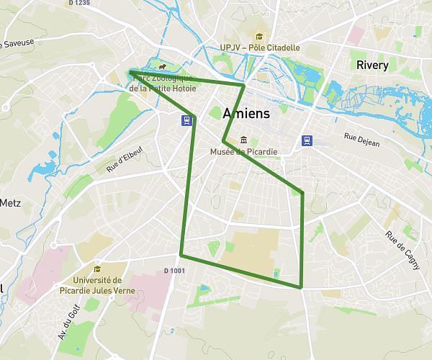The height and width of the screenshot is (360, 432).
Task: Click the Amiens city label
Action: point(247,114)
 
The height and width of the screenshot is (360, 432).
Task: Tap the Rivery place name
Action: point(372,65)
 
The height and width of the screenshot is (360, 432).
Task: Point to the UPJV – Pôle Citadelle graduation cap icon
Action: point(258,37)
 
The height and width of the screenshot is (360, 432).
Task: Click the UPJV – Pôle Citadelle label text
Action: point(259,48)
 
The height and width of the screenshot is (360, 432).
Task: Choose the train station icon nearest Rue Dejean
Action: point(307,140)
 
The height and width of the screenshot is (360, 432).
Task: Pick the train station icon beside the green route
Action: point(186,120)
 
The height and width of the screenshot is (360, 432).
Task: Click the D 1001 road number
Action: point(174,271)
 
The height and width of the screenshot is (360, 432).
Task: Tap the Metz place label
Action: point(10,202)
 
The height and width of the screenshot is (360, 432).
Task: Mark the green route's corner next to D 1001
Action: point(181,255)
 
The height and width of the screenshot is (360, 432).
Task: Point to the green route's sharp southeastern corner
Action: point(301,287)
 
